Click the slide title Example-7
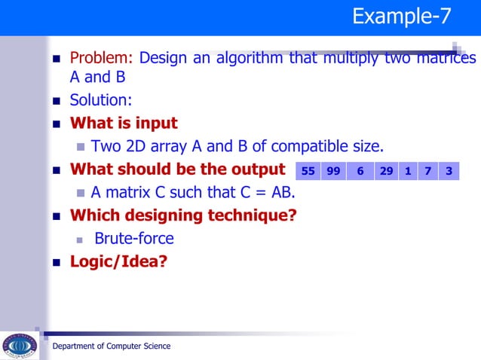click(x=402, y=17)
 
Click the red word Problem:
click(x=101, y=58)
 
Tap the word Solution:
click(x=101, y=99)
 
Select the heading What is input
click(x=124, y=123)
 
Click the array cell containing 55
click(x=308, y=171)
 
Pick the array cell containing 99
click(x=333, y=171)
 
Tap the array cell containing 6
click(x=360, y=171)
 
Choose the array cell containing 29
click(x=386, y=171)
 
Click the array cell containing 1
click(x=407, y=171)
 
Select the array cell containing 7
click(x=427, y=171)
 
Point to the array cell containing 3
click(x=449, y=171)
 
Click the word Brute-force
click(x=134, y=239)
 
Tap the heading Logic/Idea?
click(x=118, y=262)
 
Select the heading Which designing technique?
click(x=183, y=215)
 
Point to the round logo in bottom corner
click(x=20, y=346)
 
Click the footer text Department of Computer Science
click(x=111, y=346)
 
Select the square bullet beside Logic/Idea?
click(x=56, y=263)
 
